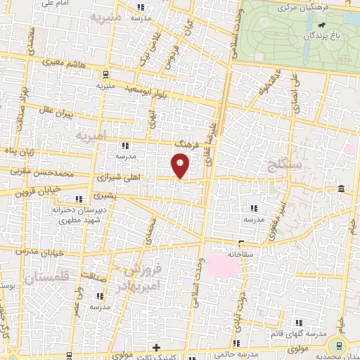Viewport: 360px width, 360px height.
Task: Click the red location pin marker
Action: (x=181, y=166)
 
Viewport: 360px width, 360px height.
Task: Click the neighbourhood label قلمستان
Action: (x=42, y=278)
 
